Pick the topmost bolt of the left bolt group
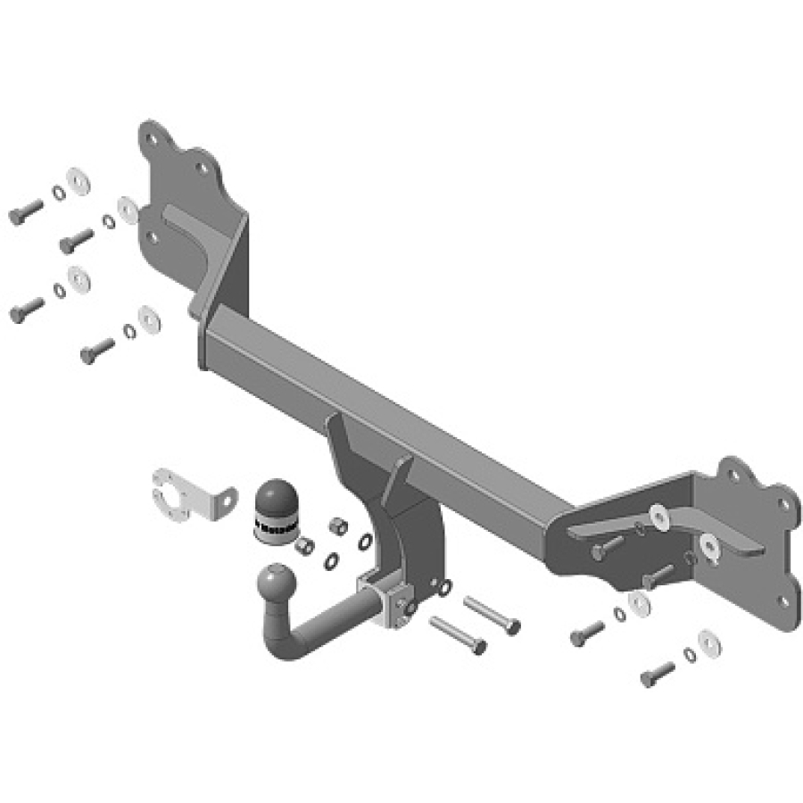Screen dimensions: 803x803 [x=25, y=212]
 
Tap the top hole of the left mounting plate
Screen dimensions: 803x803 [x=162, y=139]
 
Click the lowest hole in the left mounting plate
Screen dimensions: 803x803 [x=153, y=238]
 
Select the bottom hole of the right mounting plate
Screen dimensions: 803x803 [x=785, y=600]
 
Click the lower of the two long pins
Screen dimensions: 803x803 [x=458, y=633]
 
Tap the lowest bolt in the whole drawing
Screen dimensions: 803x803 [x=658, y=675]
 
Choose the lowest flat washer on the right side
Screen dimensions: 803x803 [x=709, y=641]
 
